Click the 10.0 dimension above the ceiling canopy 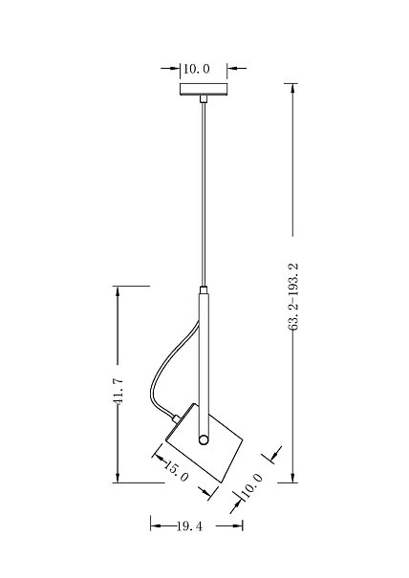pos(196,69)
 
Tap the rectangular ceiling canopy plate pos(204,89)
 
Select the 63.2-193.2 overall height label pos(292,297)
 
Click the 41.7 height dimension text pos(118,391)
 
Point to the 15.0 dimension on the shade pos(176,471)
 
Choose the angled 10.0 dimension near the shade pos(252,485)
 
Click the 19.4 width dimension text pos(189,526)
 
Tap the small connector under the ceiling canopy pos(204,98)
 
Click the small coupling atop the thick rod pos(204,289)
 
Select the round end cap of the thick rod pos(204,439)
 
